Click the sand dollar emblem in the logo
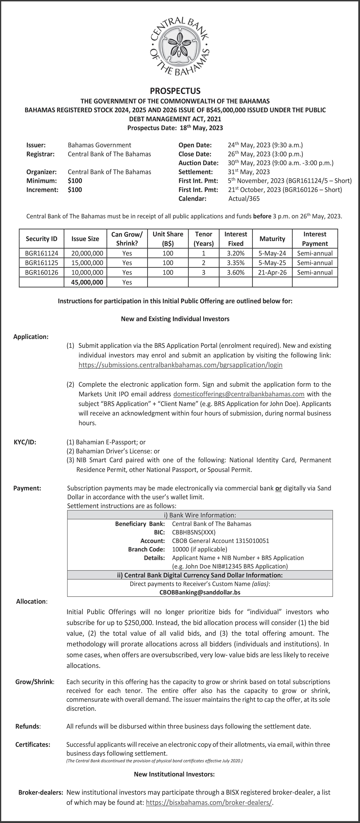pos(180,48)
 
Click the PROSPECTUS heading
pos(175,91)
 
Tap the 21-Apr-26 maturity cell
pos(272,272)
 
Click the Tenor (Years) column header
pos(203,239)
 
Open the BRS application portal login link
pos(181,365)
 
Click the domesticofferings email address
pos(239,394)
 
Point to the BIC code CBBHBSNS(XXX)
pos(194,532)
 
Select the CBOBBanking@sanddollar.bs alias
pos(200,592)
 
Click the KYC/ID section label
pos(25,442)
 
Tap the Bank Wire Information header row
pos(200,515)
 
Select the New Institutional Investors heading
pos(174,774)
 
